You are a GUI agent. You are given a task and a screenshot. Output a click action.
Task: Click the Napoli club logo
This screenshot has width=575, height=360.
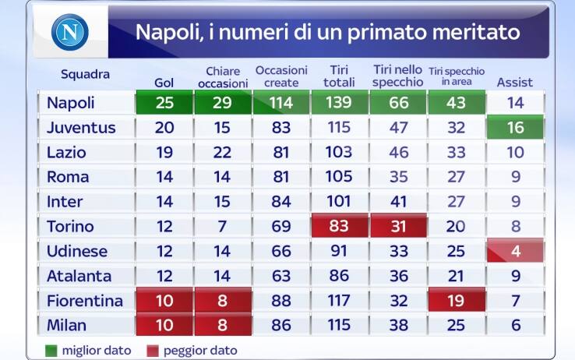[x=70, y=33]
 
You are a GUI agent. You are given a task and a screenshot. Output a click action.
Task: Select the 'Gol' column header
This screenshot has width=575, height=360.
[x=164, y=82]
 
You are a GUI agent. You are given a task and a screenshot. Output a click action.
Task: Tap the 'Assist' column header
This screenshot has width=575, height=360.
[x=514, y=82]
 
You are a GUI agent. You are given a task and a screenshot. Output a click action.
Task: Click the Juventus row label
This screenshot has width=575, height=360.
[x=81, y=128]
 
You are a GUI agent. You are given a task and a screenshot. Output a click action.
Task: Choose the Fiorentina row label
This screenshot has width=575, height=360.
[x=85, y=300]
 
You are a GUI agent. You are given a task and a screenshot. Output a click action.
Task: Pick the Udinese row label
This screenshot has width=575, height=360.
[x=77, y=252]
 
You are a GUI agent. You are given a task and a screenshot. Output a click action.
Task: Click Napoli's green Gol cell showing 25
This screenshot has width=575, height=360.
[x=164, y=103]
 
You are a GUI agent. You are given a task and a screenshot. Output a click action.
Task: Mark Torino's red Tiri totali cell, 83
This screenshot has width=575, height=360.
[x=340, y=227]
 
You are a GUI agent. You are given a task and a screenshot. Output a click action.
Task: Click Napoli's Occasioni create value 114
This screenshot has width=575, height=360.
[x=281, y=103]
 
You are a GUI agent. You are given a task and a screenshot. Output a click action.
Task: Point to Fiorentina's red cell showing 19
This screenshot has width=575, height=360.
[x=456, y=300]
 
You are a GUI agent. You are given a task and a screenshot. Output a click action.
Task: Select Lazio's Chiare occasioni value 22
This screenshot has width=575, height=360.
[x=223, y=153]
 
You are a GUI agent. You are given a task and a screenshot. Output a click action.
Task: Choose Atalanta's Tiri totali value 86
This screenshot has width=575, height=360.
[x=340, y=276]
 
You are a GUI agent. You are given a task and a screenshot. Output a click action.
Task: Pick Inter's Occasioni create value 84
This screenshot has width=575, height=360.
[x=281, y=202]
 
